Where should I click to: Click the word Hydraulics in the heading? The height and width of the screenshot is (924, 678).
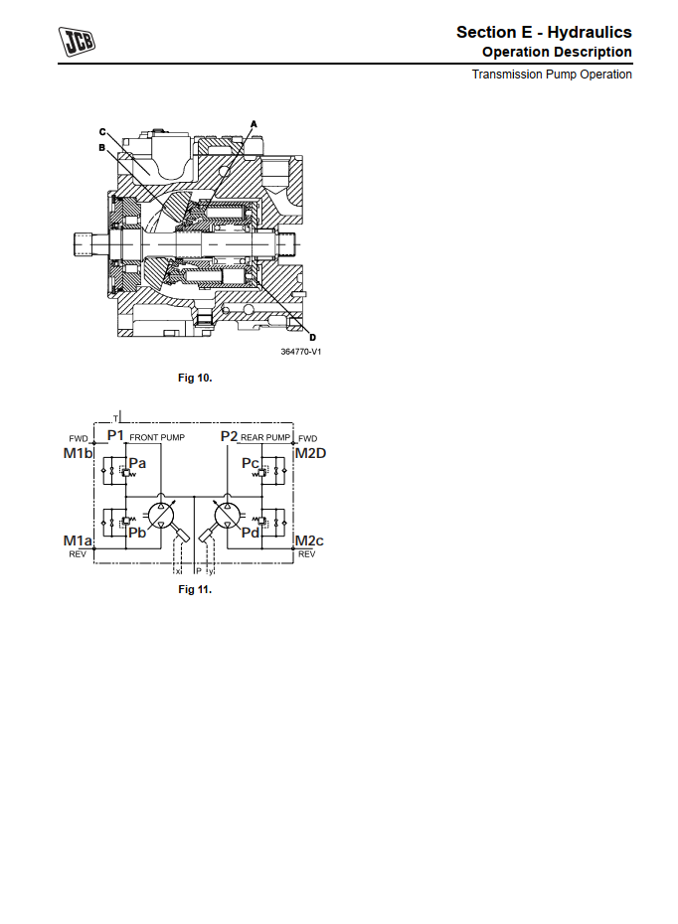point(590,33)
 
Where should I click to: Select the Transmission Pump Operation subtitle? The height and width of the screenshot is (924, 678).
point(552,75)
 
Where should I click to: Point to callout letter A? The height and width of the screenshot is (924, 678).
point(254,124)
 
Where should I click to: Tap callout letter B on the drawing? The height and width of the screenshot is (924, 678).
point(101,147)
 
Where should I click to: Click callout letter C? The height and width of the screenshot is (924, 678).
point(101,132)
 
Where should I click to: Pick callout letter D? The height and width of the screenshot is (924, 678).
point(311,335)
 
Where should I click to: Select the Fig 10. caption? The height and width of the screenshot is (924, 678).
point(195,378)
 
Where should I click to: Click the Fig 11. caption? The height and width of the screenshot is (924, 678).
point(195,590)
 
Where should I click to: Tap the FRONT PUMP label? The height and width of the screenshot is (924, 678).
point(158,438)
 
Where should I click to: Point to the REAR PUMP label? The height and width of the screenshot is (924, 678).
point(265,438)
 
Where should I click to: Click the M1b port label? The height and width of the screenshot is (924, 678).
point(79,453)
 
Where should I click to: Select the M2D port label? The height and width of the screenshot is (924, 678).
point(310,453)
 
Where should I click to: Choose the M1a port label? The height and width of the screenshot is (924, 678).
point(79,540)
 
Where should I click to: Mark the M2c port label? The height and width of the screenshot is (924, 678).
point(310,540)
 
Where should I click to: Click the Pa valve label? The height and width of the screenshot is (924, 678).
point(138,464)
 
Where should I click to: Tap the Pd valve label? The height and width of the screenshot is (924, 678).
point(252,533)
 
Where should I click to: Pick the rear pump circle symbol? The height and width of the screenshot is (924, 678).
point(228,515)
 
